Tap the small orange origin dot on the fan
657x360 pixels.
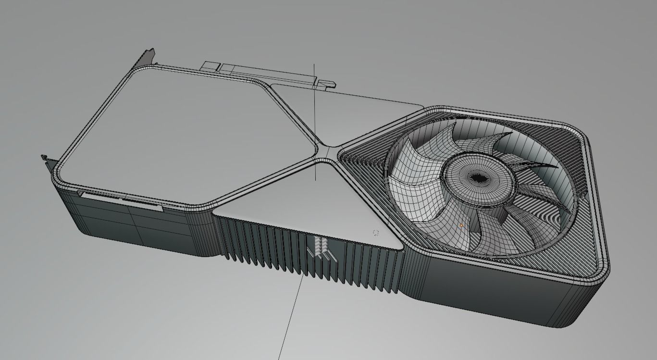tap(461, 225)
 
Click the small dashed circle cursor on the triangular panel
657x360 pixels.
tap(376, 233)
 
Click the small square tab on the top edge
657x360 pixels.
tap(211, 66)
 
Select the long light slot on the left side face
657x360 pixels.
tap(120, 199)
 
